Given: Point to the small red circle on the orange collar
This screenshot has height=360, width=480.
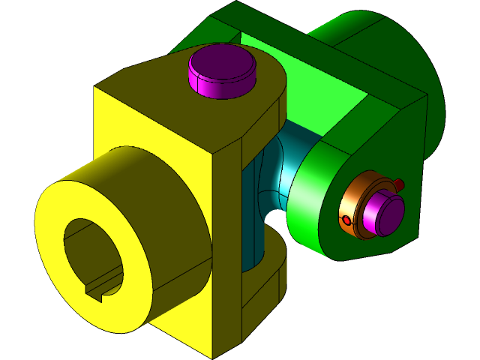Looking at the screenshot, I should click(346, 220).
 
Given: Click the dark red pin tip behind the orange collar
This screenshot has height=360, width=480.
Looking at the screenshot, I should click(400, 184).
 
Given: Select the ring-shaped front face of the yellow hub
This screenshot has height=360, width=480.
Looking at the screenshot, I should click(56, 255).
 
